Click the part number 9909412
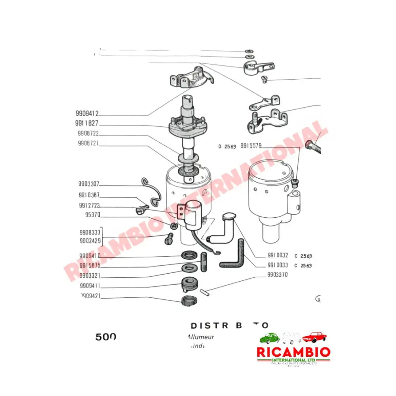coord(87,113)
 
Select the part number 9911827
coord(87,123)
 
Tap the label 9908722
coord(88,133)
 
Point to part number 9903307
coord(89,184)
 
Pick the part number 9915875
coord(89,266)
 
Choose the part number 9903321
coord(89,276)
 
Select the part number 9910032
coord(277,256)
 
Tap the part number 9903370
coord(277,274)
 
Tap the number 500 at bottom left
coord(106,337)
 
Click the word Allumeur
coord(200,337)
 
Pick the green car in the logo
coord(269,338)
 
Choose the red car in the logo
coord(314,337)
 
